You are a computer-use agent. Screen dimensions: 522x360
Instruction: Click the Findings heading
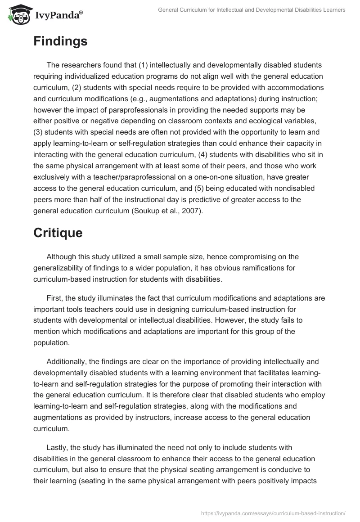tap(60, 41)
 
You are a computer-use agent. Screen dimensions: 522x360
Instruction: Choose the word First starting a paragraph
tap(55, 298)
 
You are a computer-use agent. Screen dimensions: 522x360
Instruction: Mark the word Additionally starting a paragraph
tap(67, 361)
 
